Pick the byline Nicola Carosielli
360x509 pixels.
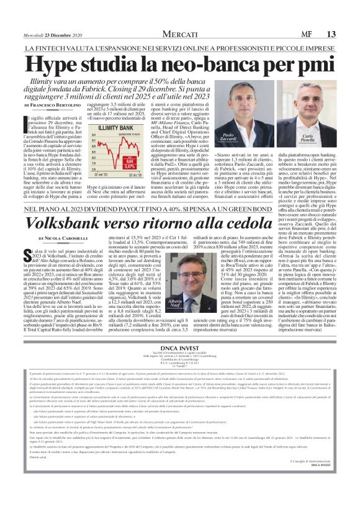point(61,238)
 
